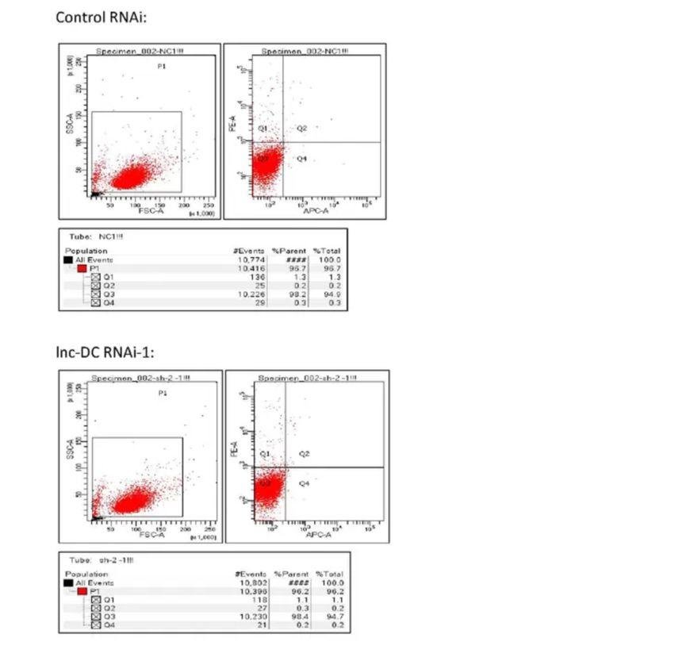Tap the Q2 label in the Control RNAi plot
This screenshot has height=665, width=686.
[x=302, y=128]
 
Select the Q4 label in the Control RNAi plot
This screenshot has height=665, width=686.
[x=302, y=159]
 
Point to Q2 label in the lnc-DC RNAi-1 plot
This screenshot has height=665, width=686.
[x=305, y=453]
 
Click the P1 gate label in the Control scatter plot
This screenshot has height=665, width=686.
[x=162, y=67]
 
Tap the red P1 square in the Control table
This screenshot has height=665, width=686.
[x=82, y=268]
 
